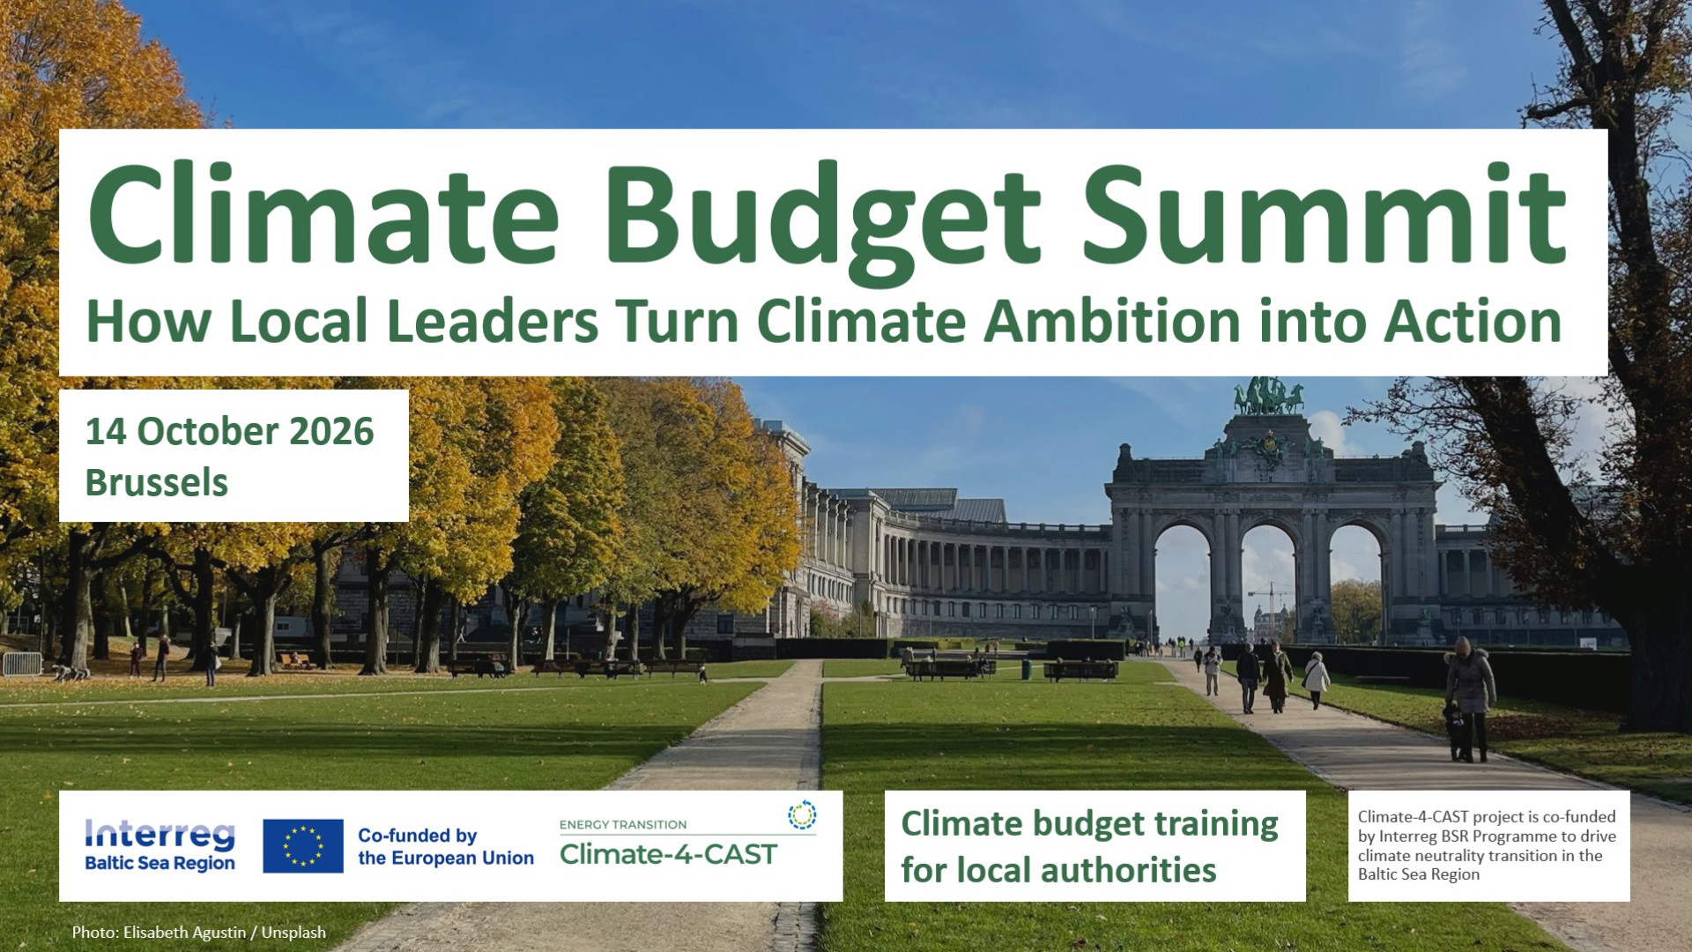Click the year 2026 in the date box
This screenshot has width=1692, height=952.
[x=331, y=431]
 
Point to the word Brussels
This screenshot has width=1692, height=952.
[x=157, y=483]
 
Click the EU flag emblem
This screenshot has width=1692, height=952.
[x=303, y=846]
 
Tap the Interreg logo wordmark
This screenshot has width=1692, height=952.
[x=160, y=833]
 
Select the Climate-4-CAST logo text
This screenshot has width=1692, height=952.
[x=668, y=854]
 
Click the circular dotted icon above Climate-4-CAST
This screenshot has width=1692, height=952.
[x=802, y=815]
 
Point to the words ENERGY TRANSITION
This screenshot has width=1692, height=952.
[x=623, y=825]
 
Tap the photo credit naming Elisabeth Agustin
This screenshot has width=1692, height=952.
[x=199, y=933]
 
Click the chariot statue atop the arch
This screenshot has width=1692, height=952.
[x=1268, y=397]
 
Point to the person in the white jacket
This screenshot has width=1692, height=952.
[x=1317, y=680]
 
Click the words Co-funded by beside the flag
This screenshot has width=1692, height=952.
[x=417, y=836]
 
